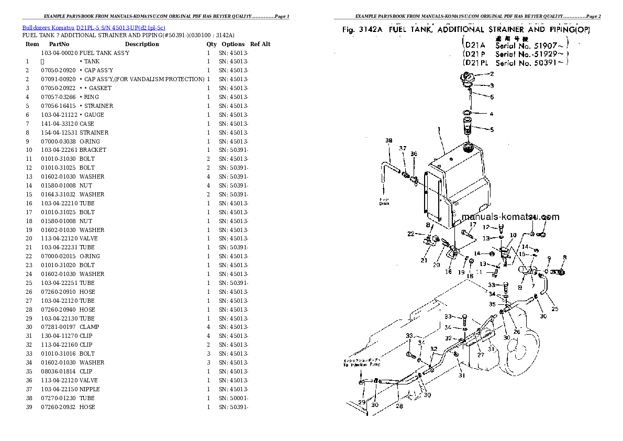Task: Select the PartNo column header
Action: (x=59, y=44)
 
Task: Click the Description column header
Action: (x=142, y=44)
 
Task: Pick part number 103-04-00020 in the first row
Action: (x=59, y=53)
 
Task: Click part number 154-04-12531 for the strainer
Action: (x=59, y=133)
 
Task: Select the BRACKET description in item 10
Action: (x=93, y=150)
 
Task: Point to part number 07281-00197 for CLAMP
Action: (x=59, y=327)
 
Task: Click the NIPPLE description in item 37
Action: (x=90, y=389)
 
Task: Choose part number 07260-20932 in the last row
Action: (x=59, y=407)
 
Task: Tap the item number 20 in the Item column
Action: (x=29, y=238)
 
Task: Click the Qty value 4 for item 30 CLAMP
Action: (x=208, y=327)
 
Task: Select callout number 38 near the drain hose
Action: (x=388, y=140)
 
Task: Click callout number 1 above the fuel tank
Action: (x=439, y=129)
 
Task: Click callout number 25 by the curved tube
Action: (x=554, y=309)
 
